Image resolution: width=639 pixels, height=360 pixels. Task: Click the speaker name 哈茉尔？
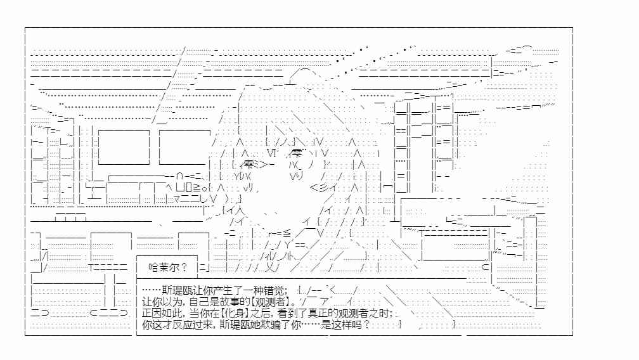point(168,267)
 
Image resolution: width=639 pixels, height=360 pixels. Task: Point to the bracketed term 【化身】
point(235,313)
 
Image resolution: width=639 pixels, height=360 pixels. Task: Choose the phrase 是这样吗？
point(345,325)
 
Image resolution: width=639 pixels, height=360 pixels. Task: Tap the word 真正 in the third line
point(319,313)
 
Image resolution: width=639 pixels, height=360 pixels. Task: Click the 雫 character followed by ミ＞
point(248,165)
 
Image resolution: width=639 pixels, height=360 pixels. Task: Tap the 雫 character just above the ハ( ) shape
point(297,153)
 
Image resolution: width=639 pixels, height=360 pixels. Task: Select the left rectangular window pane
point(124,146)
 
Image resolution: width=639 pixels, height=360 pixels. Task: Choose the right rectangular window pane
point(184,146)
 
